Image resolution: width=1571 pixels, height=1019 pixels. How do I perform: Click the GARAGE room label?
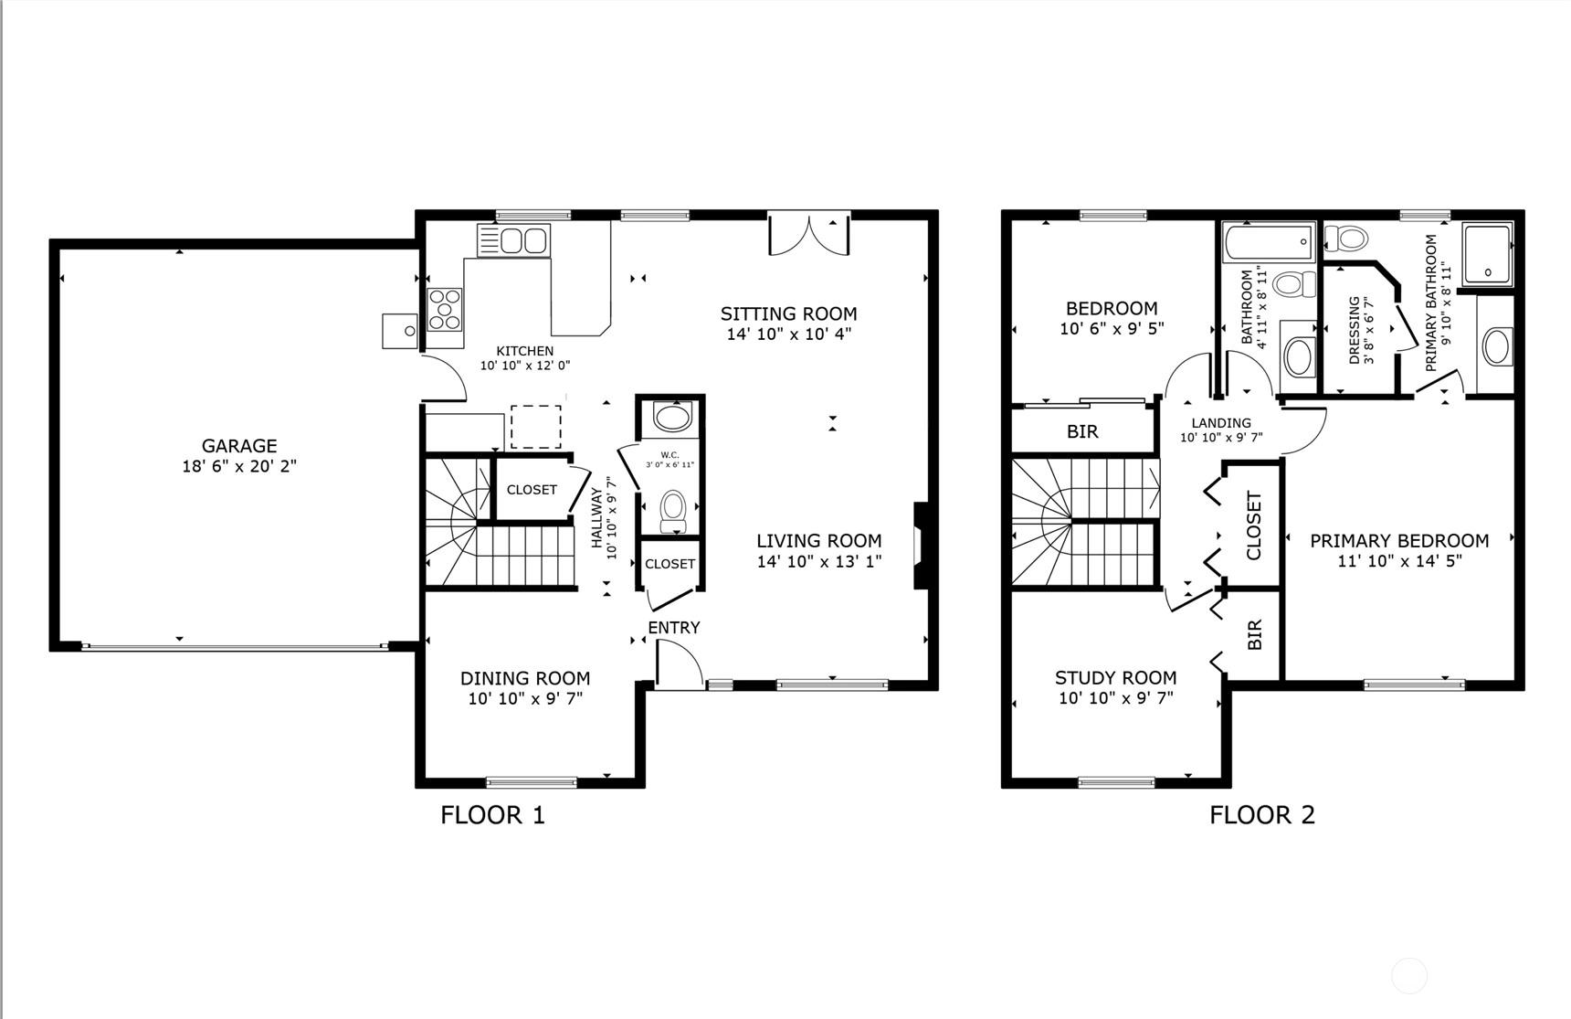tap(239, 446)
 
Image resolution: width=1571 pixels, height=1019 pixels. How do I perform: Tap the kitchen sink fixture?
tap(513, 240)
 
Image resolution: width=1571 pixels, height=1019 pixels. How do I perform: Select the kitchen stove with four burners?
tap(445, 309)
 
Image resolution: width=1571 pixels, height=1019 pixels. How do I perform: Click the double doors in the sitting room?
tap(809, 234)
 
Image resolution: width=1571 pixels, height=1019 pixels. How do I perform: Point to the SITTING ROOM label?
tap(789, 313)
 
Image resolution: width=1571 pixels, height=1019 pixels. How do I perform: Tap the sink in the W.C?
tap(673, 418)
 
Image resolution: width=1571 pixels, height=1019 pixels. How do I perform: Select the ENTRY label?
tap(674, 628)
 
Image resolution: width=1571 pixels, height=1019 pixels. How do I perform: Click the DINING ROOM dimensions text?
tap(525, 699)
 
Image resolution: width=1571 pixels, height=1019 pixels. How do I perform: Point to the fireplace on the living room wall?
tap(921, 546)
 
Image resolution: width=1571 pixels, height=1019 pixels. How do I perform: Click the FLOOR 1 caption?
tap(492, 814)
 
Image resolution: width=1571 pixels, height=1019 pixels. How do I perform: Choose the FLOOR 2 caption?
tap(1262, 814)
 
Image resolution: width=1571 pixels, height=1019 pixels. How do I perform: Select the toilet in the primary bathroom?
tap(1346, 239)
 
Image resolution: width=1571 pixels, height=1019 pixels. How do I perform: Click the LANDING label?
tap(1221, 423)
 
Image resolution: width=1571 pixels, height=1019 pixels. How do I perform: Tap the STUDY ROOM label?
tap(1115, 677)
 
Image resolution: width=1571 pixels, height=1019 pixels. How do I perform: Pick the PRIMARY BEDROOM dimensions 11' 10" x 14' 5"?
tap(1399, 561)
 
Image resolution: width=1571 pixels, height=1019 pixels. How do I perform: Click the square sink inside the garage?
tap(399, 330)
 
